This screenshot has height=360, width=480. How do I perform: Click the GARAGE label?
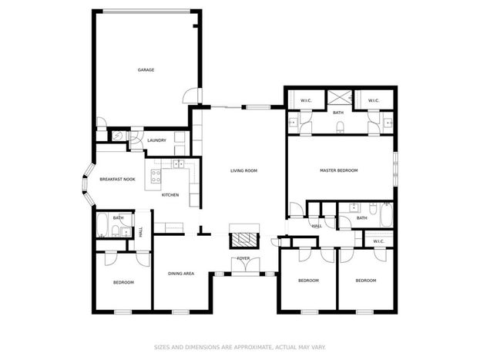tap(146, 70)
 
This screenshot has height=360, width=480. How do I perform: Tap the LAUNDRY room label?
tap(156, 140)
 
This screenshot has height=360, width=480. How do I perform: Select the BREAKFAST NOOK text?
tap(117, 180)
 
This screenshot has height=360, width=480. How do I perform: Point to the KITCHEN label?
tap(170, 195)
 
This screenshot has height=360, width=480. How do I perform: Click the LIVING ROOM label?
tap(243, 170)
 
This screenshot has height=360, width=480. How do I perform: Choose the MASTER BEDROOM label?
tap(338, 170)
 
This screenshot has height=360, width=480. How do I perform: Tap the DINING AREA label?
tap(181, 274)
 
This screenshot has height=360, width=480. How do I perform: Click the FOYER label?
tap(243, 258)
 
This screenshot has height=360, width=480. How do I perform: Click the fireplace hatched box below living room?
tap(244, 240)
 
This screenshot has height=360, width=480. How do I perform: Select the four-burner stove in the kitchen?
tap(156, 176)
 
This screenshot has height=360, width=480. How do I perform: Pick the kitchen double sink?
tap(178, 164)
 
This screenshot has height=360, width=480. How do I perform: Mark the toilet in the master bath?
tap(340, 126)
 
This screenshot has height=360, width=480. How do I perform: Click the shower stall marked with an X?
tap(340, 98)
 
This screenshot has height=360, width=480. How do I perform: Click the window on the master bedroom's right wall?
tap(395, 168)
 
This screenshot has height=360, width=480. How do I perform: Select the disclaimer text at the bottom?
tap(240, 347)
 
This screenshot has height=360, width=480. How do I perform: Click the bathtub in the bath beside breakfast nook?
tap(102, 225)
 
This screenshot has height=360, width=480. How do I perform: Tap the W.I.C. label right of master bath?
tap(374, 100)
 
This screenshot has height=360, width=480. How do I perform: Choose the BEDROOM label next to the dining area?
tap(123, 282)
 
